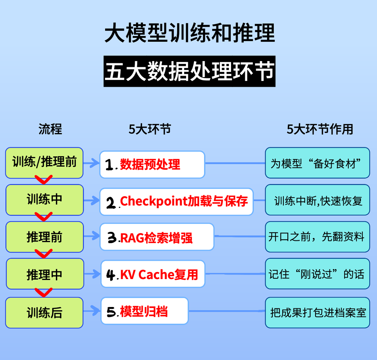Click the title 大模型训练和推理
[x=190, y=33]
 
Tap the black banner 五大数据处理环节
[x=190, y=72]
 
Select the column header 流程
[x=50, y=129]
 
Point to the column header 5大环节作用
[x=320, y=129]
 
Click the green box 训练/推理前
[x=44, y=163]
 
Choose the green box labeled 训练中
[x=44, y=200]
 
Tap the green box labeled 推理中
[x=44, y=275]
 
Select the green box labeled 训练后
[x=44, y=313]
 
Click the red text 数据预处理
[x=150, y=164]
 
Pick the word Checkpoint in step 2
[x=149, y=201]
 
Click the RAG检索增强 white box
[x=157, y=238]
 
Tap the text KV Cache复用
[x=159, y=275]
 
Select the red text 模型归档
[x=144, y=311]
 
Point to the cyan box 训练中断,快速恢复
[x=317, y=201]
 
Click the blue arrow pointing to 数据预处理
[x=91, y=163]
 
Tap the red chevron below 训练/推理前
[x=44, y=180]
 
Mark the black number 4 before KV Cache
[x=111, y=275]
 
